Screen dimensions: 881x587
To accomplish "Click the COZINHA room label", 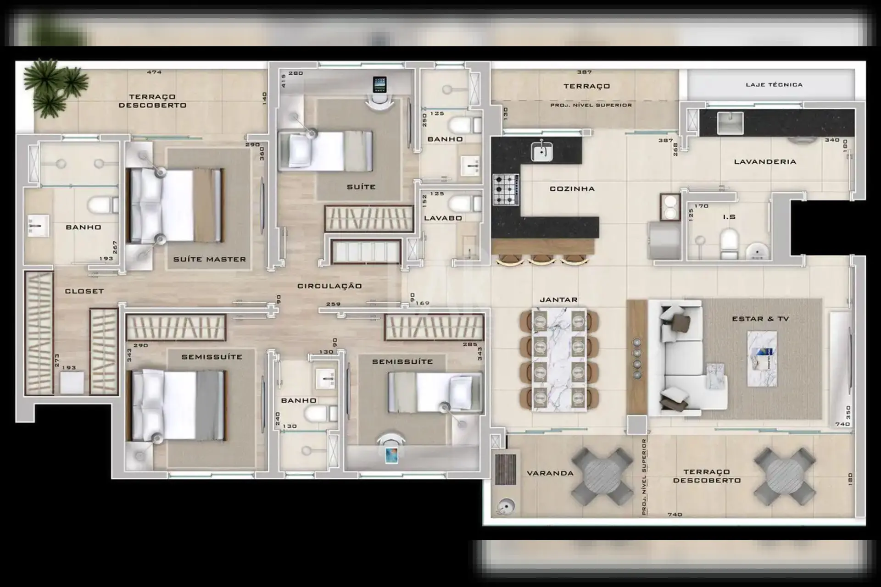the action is pos(572,188).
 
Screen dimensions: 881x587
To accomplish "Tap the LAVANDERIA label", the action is pos(765,161).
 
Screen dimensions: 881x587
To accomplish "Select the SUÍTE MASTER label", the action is pos(209,259).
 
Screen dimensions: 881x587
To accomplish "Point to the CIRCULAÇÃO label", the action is pos(329,286).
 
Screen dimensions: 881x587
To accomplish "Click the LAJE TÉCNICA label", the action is pos(774,84).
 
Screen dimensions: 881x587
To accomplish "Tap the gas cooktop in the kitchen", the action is pos(506,189).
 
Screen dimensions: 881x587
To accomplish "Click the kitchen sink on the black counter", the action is pos(542,151).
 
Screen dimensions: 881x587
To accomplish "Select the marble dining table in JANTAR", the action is pos(559,359).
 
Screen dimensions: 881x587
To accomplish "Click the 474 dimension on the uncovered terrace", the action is pos(154,72).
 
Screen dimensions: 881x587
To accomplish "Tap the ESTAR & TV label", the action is pos(760,319).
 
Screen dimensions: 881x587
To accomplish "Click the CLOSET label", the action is pos(84,291).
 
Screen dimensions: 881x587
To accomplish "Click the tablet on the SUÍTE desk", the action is pos(379,84).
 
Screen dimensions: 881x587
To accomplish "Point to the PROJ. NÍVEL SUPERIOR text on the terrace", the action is pos(591,105).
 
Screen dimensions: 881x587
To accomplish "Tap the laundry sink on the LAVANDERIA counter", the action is pos(730,123).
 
